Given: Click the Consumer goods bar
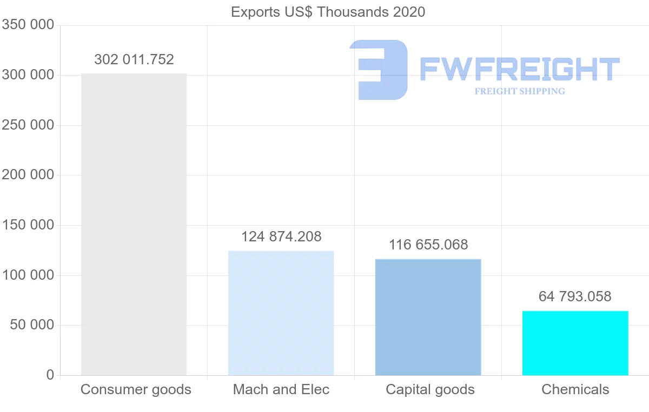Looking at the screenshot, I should (134, 224).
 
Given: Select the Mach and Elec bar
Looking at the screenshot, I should (281, 313).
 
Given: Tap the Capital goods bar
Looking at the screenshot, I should (428, 317).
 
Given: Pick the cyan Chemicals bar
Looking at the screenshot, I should (575, 343).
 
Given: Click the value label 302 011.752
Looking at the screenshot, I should (134, 59).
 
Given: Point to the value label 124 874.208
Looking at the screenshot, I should (281, 237).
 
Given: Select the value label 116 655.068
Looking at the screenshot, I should (428, 245).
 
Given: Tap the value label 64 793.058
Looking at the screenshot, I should (575, 296).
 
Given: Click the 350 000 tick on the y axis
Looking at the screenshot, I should (28, 25).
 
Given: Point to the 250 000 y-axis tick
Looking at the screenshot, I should (28, 125).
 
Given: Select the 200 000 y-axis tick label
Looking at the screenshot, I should (28, 175).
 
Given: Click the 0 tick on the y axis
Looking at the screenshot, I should (50, 375).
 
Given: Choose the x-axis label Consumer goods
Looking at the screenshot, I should (136, 389).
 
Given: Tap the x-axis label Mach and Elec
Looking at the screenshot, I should (281, 389).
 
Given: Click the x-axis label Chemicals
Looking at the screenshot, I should (575, 389).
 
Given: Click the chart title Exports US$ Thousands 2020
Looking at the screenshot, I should (328, 12).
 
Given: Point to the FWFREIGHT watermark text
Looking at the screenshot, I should (519, 69).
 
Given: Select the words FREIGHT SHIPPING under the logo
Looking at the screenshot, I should (519, 91).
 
